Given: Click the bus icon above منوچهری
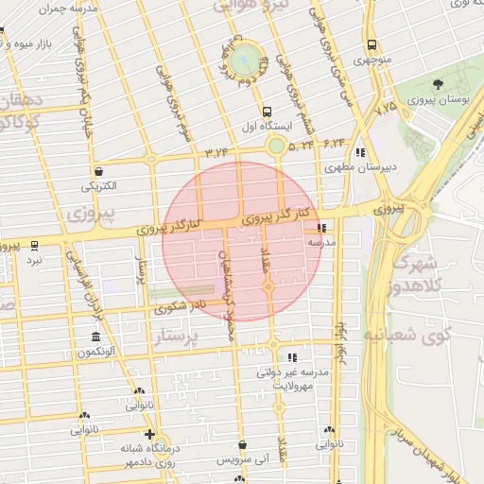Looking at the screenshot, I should pos(372,44).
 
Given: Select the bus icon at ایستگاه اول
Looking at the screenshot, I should pos(268,111).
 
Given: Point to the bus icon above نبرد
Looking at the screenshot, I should pos(35,244).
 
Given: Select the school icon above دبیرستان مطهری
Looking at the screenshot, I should pos(359,152).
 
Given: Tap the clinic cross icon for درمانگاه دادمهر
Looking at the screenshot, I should pos(149,435).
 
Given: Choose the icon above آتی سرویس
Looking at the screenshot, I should pos(243,444).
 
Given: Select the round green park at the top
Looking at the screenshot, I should pos(247,58).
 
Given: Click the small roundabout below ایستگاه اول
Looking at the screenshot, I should pos(275,146).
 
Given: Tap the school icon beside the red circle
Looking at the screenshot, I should pos(322,228).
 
